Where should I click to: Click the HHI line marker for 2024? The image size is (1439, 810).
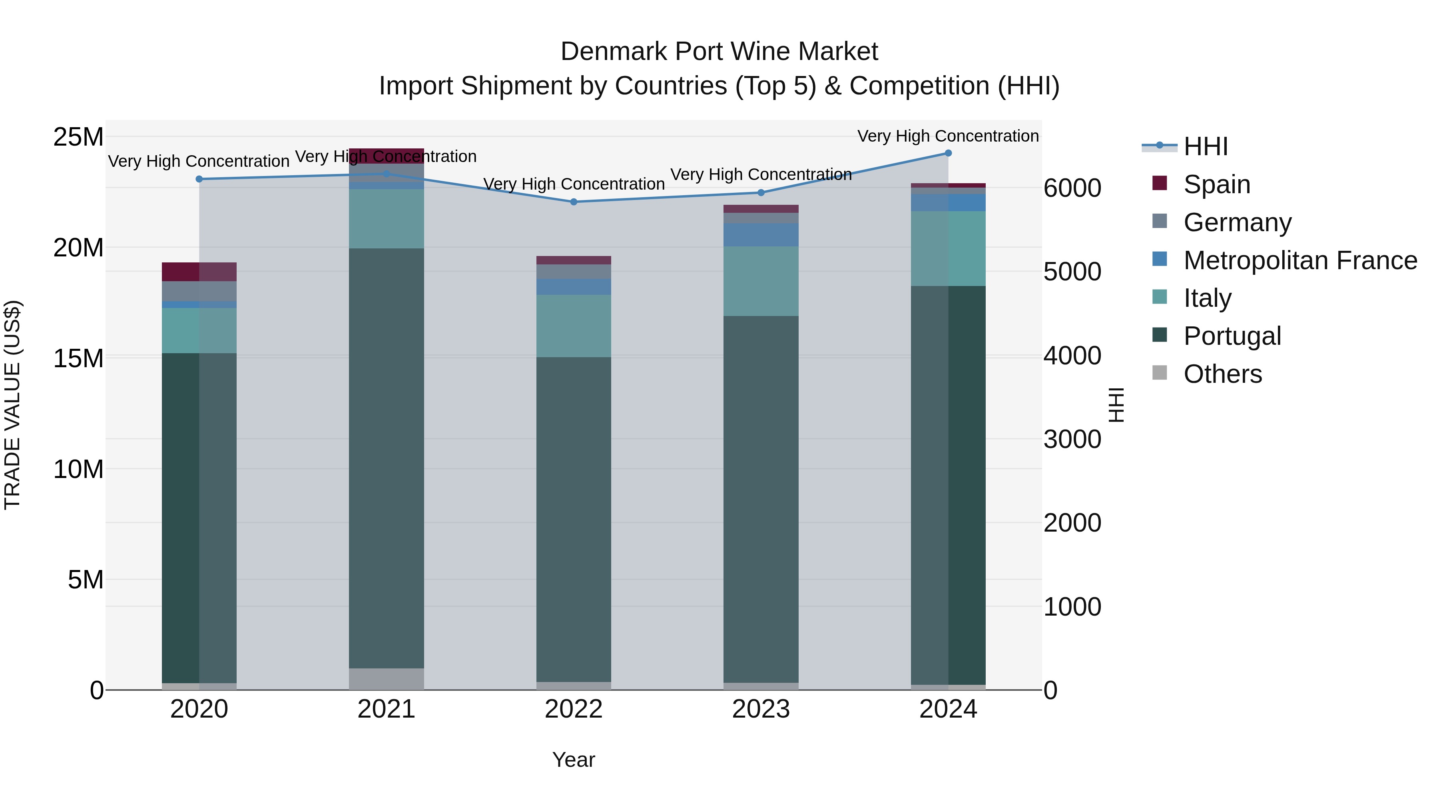(948, 153)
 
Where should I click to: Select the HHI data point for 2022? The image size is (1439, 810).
(574, 202)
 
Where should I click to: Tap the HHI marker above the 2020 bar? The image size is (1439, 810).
(199, 179)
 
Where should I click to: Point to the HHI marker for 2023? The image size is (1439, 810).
(761, 193)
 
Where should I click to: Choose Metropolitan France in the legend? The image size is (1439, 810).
(1300, 260)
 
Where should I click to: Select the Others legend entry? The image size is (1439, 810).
(1222, 374)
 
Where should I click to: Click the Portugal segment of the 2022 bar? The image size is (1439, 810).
(574, 520)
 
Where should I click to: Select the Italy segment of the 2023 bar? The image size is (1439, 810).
(761, 281)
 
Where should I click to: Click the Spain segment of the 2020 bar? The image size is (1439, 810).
(199, 272)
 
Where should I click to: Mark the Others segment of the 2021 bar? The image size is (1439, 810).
(386, 679)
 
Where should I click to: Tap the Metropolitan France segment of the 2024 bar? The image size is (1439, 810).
(948, 203)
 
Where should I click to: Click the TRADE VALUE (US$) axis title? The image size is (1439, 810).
(12, 405)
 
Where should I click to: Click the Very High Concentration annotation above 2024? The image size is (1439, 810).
(948, 136)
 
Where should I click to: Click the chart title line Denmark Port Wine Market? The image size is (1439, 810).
(719, 52)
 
